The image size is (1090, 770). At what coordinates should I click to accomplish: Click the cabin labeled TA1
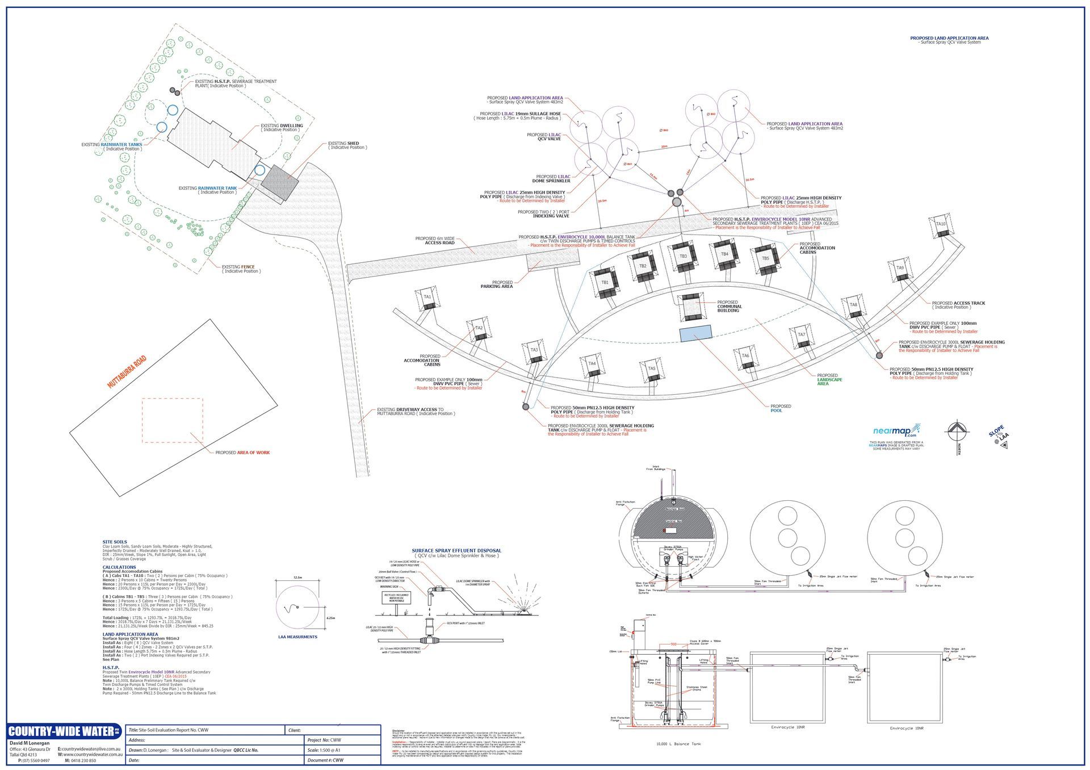(427, 298)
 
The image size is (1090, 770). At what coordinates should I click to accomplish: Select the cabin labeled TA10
(941, 225)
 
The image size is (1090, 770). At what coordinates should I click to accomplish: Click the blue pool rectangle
(695, 333)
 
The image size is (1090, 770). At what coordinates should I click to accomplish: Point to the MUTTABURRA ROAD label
(127, 372)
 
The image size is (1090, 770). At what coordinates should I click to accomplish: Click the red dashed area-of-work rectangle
(172, 420)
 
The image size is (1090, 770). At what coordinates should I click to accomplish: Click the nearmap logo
(896, 430)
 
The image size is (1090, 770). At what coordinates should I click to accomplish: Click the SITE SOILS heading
(115, 542)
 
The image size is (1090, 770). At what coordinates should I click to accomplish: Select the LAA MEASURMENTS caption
(298, 637)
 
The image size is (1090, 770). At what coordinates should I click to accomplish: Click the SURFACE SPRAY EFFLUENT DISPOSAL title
(456, 550)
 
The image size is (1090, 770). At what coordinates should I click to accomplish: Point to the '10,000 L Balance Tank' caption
(678, 743)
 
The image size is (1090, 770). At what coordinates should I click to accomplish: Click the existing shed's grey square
(279, 182)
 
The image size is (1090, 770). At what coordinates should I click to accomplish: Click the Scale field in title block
(342, 750)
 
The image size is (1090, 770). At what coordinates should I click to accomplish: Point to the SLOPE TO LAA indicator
(999, 436)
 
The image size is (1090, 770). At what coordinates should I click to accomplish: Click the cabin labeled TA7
(802, 336)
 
